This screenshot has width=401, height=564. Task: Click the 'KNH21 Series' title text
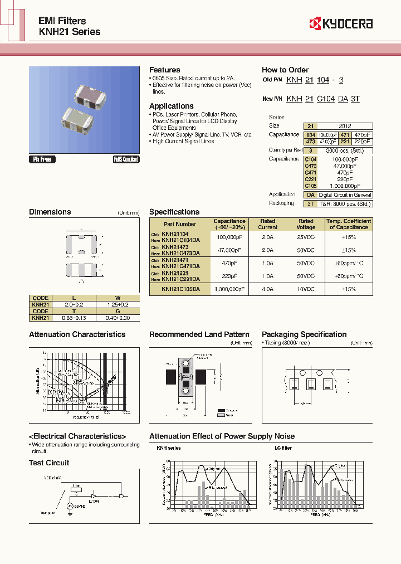70,32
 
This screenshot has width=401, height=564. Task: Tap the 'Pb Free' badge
42,159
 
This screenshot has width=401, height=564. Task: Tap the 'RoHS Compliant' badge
126,159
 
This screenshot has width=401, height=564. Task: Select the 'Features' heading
164,70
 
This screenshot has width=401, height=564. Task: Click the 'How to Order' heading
285,70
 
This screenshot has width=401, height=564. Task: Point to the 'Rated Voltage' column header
306,224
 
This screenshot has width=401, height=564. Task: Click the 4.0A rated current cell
267,289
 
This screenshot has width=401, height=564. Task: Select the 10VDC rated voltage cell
306,289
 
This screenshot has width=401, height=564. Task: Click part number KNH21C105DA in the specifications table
180,289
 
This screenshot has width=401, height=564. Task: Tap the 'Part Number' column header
180,224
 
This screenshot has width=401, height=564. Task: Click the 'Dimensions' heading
50,212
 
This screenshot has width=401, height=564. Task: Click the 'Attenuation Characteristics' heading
77,334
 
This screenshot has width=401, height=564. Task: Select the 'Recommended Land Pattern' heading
199,334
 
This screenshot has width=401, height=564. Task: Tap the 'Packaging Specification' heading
304,334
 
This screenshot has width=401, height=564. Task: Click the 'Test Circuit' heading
49,463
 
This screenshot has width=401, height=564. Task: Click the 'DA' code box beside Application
310,195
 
